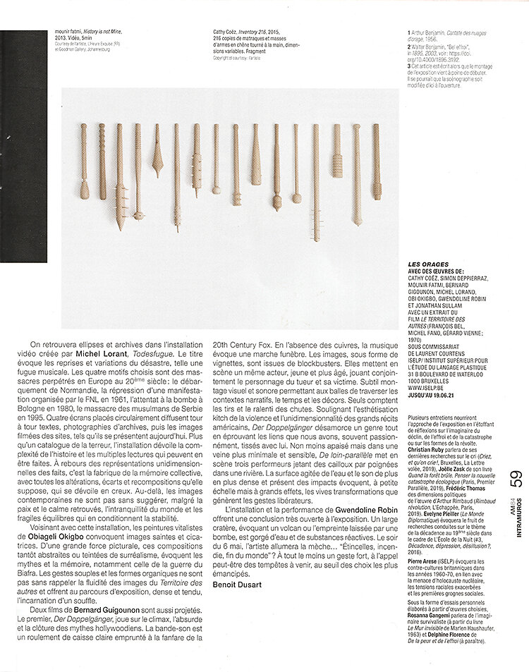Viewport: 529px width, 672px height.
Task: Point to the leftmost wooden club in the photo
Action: click(x=83, y=162)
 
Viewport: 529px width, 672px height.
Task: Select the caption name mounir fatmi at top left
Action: click(x=72, y=32)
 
